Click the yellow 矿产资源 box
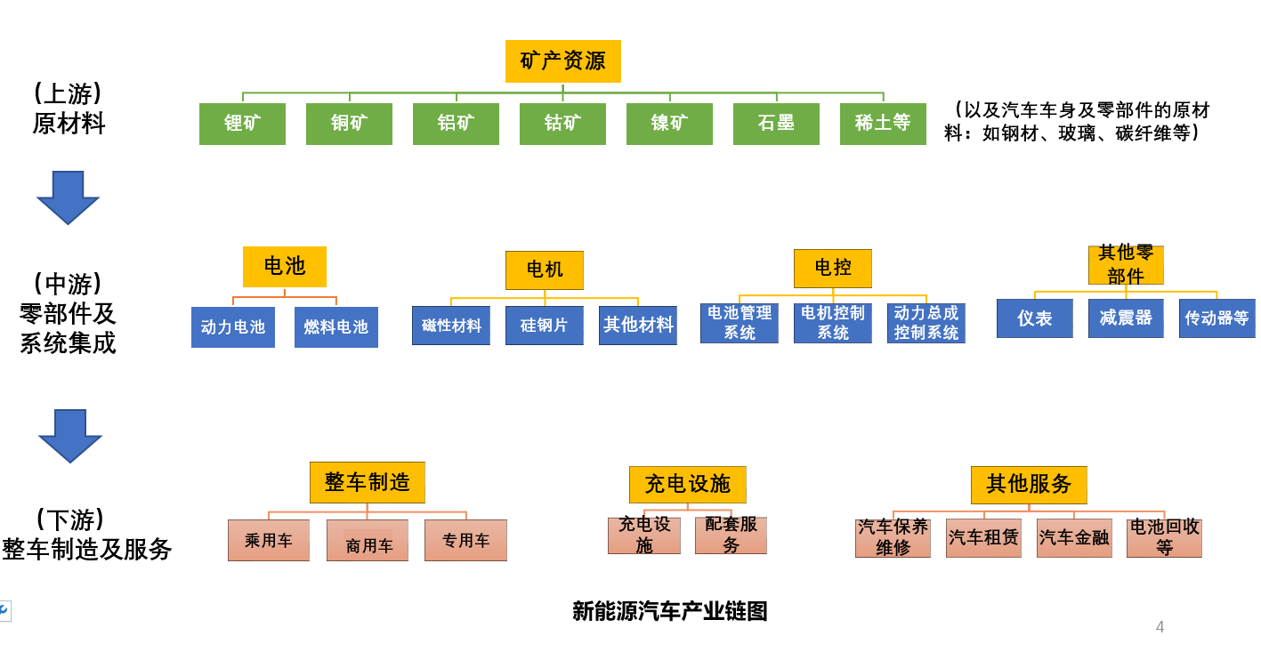tap(562, 61)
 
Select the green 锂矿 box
tap(242, 124)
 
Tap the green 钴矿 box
tap(562, 124)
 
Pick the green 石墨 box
tap(776, 124)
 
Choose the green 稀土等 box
tap(883, 124)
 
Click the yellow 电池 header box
tap(285, 266)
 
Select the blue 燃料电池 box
tap(335, 327)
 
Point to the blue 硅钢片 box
tap(545, 326)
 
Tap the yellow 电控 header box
tap(833, 268)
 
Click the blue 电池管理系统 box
tap(740, 323)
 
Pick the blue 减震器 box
tap(1126, 318)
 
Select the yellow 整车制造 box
tap(368, 482)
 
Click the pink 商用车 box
tap(368, 541)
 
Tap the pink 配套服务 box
tap(731, 535)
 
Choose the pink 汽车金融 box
tap(1074, 538)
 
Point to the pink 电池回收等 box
tap(1164, 538)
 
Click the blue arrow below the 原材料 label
tap(68, 197)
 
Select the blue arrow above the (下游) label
tap(69, 435)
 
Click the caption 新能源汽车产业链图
tap(669, 612)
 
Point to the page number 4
tap(1160, 627)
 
